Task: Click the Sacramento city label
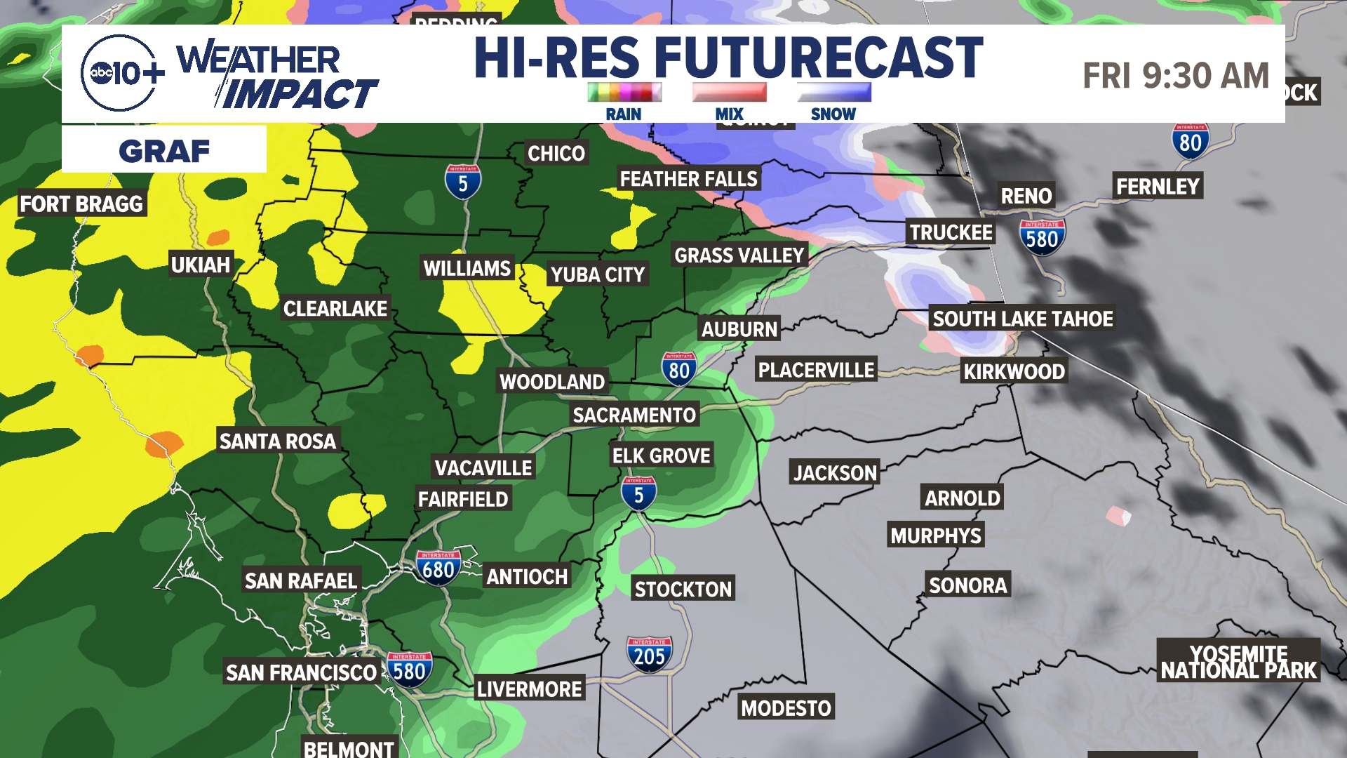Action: click(634, 415)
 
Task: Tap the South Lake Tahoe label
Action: click(1022, 319)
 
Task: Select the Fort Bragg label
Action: click(81, 204)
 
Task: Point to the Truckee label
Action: click(951, 232)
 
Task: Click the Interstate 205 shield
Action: click(649, 655)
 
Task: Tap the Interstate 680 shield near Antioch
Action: click(438, 568)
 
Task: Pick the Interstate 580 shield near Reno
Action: click(1042, 237)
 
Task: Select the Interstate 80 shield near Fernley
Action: click(1191, 141)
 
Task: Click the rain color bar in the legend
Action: click(624, 92)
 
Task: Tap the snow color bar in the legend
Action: click(833, 92)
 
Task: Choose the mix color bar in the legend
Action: click(729, 92)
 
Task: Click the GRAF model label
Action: click(164, 150)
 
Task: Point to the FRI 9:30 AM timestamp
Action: click(1176, 76)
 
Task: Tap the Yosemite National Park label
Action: click(1238, 662)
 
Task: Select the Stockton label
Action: click(683, 589)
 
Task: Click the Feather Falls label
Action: click(688, 179)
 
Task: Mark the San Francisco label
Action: click(301, 672)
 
